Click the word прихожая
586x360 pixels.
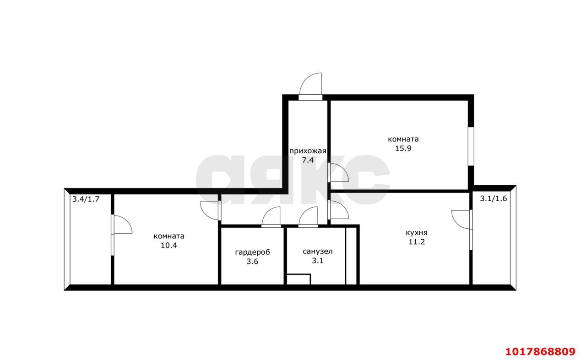(x=308, y=151)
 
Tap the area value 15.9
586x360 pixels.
(x=403, y=149)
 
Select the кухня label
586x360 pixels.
(x=417, y=232)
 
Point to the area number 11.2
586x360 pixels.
(x=417, y=242)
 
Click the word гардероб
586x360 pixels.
(x=252, y=253)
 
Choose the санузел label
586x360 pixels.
(x=318, y=251)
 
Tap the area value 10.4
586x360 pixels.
(x=169, y=246)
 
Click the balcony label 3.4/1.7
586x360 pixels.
(x=86, y=199)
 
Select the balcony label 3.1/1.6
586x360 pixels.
(x=494, y=199)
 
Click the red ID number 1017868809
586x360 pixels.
(x=540, y=352)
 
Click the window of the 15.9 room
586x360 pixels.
(x=471, y=146)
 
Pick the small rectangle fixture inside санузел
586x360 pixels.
(x=298, y=279)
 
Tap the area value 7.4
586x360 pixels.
(x=308, y=160)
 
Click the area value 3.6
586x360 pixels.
(x=252, y=262)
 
